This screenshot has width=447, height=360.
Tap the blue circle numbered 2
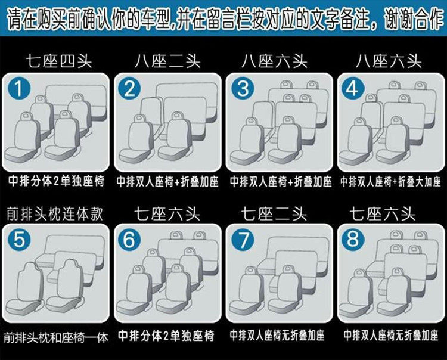click(x=131, y=89)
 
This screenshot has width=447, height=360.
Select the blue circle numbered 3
click(x=242, y=89)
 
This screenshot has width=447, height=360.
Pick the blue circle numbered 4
click(x=352, y=89)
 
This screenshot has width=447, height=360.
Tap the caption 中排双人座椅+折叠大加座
click(x=390, y=181)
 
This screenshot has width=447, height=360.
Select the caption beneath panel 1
click(x=55, y=181)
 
